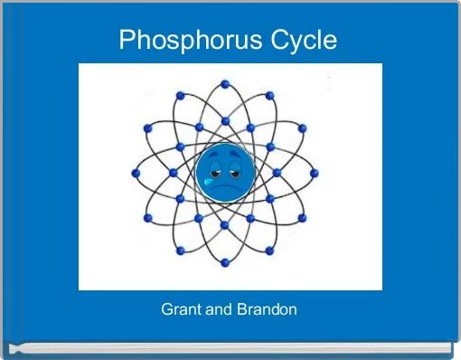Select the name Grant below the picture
[x=179, y=310]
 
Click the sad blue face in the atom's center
[x=224, y=172]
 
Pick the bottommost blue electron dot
[x=224, y=262]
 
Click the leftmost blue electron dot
[x=136, y=173]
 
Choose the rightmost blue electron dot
[x=313, y=173]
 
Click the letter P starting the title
[x=127, y=41]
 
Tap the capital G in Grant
[x=166, y=310]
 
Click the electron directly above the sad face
[x=224, y=120]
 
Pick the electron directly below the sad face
[x=224, y=224]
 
